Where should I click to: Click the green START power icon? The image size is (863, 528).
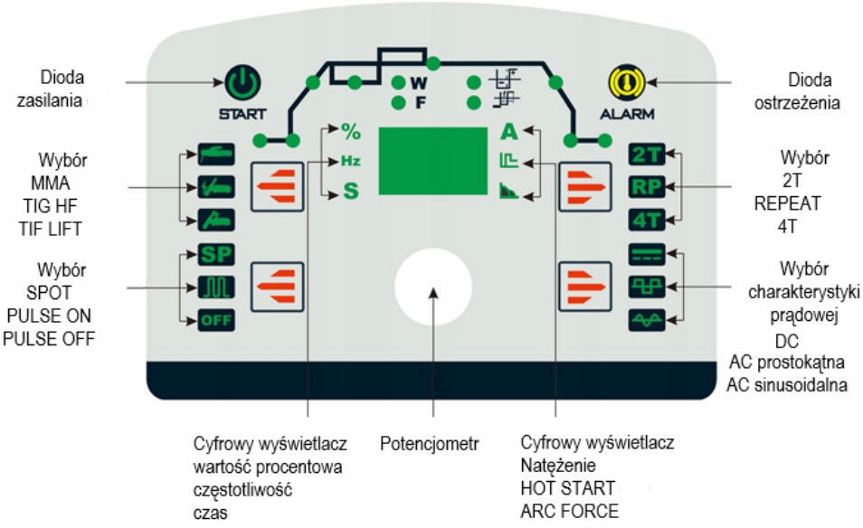(x=242, y=86)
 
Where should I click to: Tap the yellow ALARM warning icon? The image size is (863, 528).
(x=621, y=86)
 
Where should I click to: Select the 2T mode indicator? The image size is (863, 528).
(x=647, y=155)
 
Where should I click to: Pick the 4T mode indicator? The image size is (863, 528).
(x=647, y=220)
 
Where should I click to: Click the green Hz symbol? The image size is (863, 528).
(x=350, y=161)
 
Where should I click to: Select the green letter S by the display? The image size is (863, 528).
(x=350, y=192)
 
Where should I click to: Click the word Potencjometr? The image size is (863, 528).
(x=429, y=444)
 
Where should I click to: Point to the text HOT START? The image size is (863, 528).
(x=563, y=488)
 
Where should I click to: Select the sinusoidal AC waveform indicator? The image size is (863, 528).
(x=647, y=318)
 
